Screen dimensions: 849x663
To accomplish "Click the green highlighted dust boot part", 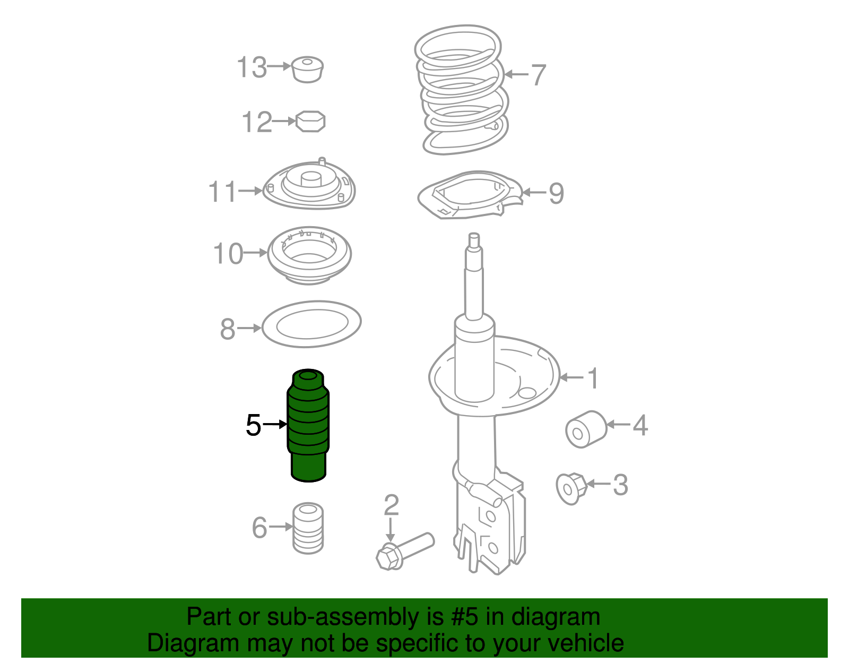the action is click(x=308, y=425).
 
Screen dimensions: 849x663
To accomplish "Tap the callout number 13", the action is click(x=252, y=67).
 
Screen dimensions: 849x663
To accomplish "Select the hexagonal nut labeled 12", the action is click(x=310, y=122).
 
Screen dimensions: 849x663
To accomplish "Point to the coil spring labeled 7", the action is click(x=461, y=90).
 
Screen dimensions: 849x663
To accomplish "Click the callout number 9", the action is click(x=557, y=193).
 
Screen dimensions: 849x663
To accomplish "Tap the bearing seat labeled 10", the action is click(x=309, y=255).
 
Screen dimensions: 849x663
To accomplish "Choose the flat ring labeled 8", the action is click(x=311, y=324).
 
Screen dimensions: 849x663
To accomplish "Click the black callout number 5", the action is click(x=253, y=425).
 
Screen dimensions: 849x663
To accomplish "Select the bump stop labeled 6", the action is click(x=308, y=528).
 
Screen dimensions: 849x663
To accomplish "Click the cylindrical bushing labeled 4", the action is click(x=586, y=429).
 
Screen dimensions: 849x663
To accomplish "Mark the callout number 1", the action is click(x=593, y=378).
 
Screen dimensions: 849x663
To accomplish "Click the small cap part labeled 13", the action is click(x=308, y=70).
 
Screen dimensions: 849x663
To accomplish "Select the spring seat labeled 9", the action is click(x=470, y=195).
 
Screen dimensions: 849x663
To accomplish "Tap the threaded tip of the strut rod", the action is click(x=474, y=240).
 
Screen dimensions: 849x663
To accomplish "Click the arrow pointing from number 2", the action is click(x=390, y=530).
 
